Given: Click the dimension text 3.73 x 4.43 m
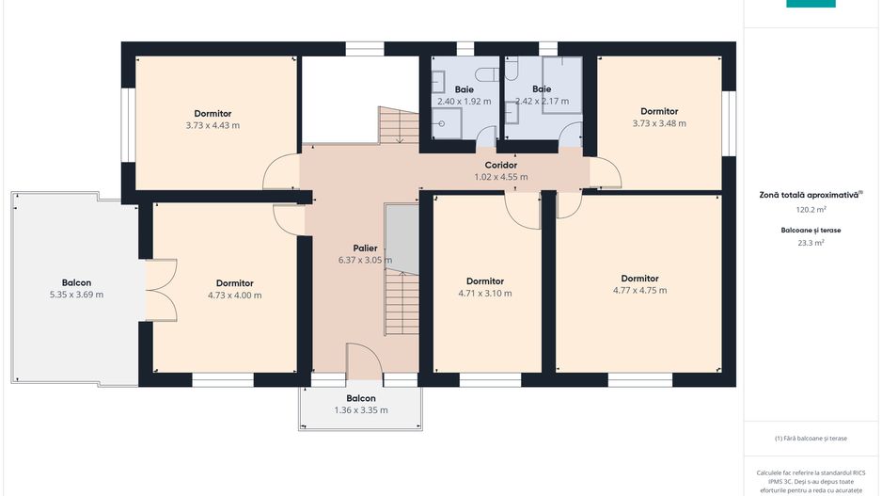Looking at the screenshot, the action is coord(213,125).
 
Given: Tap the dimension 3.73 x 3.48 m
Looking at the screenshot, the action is coord(659,123).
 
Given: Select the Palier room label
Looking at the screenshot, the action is coord(365,248).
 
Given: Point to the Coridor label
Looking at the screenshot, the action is coord(500,165).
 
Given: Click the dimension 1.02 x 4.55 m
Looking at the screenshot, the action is coord(500,177).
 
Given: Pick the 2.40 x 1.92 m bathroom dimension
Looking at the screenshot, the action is coord(465,102).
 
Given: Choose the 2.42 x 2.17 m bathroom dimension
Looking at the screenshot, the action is coord(543,102).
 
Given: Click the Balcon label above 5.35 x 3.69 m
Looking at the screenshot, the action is coord(76,282).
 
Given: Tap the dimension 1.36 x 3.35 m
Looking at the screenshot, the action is coord(361,410).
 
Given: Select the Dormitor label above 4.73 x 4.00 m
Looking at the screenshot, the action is coord(234,283).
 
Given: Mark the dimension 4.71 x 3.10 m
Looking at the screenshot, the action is coord(485,294).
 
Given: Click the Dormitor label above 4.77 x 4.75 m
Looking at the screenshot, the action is coord(639,279).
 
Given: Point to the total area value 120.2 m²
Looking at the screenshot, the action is coord(811,210).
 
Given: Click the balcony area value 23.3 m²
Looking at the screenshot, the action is coord(811,243).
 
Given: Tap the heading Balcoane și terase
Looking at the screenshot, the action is coord(811,231).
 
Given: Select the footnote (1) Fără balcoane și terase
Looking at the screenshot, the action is coord(811,438).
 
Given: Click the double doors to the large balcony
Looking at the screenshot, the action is coord(162,291).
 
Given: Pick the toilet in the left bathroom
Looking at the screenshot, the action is coord(486,73).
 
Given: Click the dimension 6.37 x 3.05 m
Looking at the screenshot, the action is coord(365,260).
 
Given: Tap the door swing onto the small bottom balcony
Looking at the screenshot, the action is coord(364,360).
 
